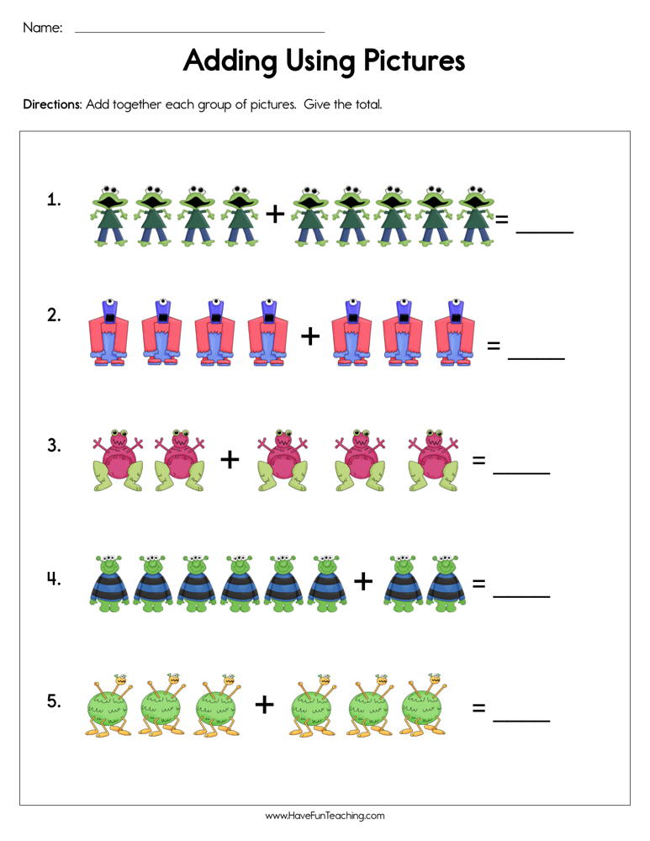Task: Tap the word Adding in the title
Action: point(221,61)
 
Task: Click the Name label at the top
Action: point(42,28)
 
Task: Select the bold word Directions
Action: point(51,105)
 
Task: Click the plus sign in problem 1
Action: point(275,214)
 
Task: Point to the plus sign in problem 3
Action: point(230,459)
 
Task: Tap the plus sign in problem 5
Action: point(265,704)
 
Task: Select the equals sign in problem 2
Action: point(494,345)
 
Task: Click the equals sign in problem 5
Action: point(478,708)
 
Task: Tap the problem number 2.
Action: point(54,316)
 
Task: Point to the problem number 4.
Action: point(54,579)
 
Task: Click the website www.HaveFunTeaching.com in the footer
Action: point(325,816)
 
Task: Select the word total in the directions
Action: point(367,105)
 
